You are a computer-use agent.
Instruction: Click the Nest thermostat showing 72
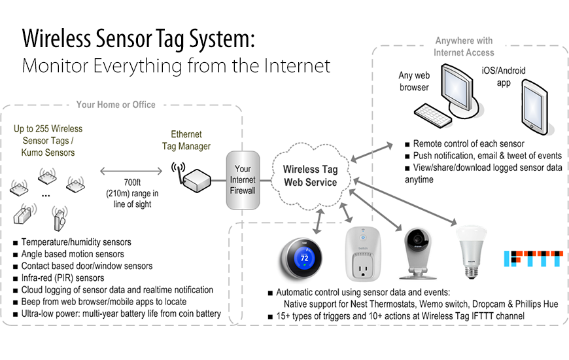tap(304, 258)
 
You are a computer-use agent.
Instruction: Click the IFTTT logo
tap(532, 259)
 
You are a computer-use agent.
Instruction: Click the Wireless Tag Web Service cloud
tap(310, 175)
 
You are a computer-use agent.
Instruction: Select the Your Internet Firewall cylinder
tap(243, 180)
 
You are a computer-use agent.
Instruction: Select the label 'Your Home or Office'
tap(116, 105)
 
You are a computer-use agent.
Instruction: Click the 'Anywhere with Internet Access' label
tap(464, 46)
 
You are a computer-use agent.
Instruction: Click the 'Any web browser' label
tap(414, 81)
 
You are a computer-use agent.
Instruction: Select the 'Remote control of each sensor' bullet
tap(468, 144)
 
